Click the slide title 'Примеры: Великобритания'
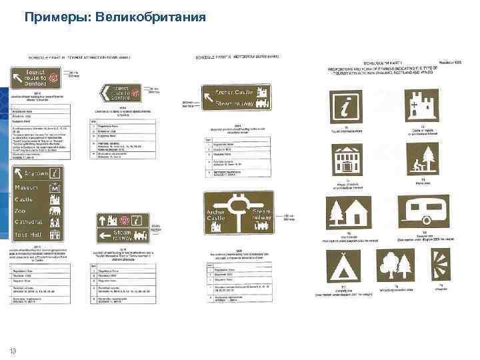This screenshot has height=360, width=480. point(115,17)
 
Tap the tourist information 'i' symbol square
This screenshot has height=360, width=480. point(347,107)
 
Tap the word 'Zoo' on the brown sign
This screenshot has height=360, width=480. point(21,211)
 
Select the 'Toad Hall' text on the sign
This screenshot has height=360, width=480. point(29,235)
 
